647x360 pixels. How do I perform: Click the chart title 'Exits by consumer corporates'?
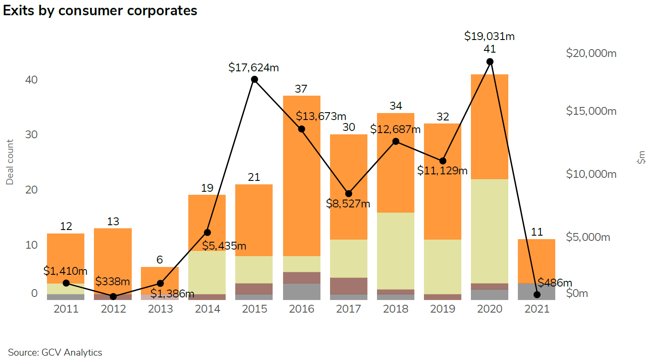(x=100, y=10)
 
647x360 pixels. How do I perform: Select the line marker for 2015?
(x=254, y=79)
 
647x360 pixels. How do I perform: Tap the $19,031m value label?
(x=489, y=36)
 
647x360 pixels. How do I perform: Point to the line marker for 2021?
(x=537, y=294)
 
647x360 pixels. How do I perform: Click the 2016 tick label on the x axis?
(x=301, y=309)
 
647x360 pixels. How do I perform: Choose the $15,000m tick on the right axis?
(x=591, y=111)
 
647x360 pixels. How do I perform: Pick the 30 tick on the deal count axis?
(x=31, y=134)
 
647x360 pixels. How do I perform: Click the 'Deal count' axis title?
(x=10, y=162)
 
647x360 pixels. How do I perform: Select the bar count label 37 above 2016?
(x=301, y=89)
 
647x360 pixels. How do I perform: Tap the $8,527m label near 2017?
(x=348, y=203)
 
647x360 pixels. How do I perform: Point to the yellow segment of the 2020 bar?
(x=489, y=230)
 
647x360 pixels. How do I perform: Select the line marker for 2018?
(x=396, y=141)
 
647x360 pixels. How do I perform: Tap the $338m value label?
(x=113, y=281)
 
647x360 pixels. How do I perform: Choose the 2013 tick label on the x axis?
(x=160, y=309)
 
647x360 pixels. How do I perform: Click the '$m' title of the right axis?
(x=641, y=157)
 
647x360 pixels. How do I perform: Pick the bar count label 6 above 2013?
(x=160, y=260)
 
